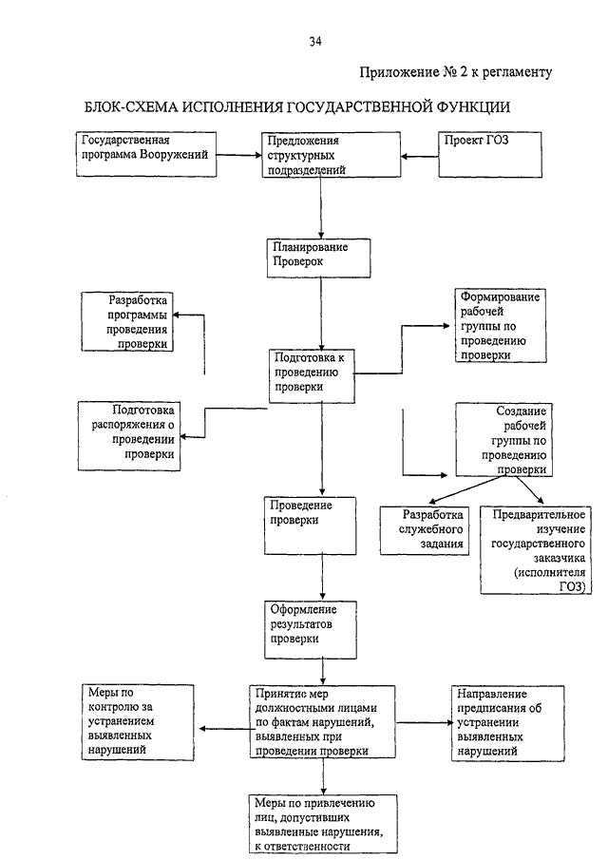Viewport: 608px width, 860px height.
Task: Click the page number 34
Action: tap(315, 42)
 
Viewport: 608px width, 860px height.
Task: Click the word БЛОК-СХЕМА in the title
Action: tap(130, 107)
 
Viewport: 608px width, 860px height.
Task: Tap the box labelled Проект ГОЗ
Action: tap(490, 155)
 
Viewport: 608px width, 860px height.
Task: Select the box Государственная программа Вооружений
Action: tap(146, 154)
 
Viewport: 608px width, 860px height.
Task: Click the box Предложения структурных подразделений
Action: tap(332, 155)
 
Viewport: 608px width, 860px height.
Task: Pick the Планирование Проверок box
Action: tap(318, 258)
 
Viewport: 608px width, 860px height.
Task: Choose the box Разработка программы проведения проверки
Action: tap(127, 321)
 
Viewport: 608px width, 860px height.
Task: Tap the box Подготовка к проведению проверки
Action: tap(312, 376)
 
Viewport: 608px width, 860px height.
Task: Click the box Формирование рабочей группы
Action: tap(501, 325)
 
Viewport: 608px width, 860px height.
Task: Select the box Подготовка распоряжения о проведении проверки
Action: tap(129, 436)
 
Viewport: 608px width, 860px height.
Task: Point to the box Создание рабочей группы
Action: tap(503, 440)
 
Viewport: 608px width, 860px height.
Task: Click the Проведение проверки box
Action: tap(311, 526)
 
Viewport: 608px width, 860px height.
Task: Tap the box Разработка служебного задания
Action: tap(425, 530)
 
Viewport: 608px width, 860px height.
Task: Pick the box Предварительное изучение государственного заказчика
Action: tap(536, 550)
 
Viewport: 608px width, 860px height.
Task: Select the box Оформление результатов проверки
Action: tap(311, 630)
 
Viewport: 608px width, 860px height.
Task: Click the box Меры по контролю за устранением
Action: tap(138, 722)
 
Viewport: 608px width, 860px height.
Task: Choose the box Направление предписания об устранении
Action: tap(507, 723)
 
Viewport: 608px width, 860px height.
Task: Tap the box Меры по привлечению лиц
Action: tap(323, 824)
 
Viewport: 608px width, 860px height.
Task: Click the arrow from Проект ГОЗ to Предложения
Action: tap(419, 156)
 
